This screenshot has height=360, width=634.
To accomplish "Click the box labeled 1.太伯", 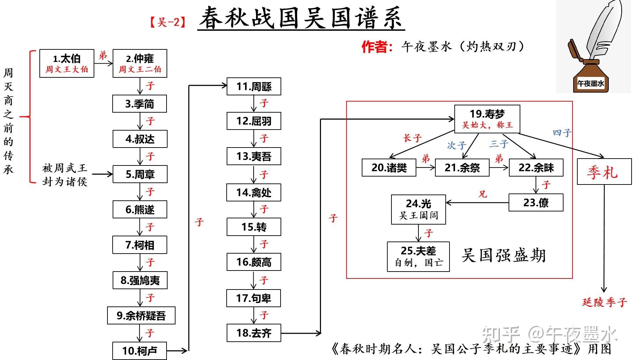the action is tap(67, 63).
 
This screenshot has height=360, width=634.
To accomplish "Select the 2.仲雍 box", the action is tap(140, 63).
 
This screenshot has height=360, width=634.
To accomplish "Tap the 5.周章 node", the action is tap(140, 174).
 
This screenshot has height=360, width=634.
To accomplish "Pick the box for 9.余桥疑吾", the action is tap(141, 315).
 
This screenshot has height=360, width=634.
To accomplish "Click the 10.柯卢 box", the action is tap(139, 351).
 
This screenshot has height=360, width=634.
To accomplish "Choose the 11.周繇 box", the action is tap(254, 86).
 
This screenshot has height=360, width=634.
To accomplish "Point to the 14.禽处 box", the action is tap(254, 192).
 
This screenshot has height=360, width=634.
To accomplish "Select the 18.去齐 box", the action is tap(254, 333).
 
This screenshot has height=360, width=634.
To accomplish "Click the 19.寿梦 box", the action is tap(487, 119).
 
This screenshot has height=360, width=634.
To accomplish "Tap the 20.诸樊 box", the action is tap(389, 168).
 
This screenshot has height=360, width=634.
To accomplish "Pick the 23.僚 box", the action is tap(536, 202).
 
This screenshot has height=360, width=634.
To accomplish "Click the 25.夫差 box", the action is tap(418, 256).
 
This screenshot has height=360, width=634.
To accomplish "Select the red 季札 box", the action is tap(604, 172).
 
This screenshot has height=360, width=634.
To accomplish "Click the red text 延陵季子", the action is tap(604, 302).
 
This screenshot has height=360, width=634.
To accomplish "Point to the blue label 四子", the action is tap(562, 133).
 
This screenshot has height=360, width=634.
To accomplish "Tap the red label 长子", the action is tap(412, 138).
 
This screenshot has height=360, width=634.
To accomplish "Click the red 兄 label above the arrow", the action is tap(482, 194).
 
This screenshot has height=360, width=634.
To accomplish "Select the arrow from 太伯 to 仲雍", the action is tap(103, 63).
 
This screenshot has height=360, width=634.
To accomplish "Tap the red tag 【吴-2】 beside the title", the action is tap(168, 23).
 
